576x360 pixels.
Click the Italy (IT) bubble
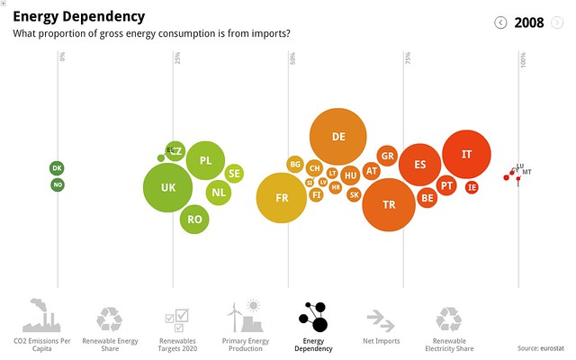click(466, 155)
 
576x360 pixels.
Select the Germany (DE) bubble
click(338, 137)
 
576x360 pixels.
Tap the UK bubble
click(168, 188)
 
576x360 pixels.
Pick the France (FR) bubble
click(282, 198)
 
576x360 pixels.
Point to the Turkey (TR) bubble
click(389, 204)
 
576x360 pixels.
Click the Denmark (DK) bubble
click(58, 168)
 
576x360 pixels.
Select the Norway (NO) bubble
click(58, 184)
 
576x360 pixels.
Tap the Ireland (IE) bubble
click(472, 187)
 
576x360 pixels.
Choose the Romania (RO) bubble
click(194, 219)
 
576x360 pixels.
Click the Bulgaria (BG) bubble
click(294, 164)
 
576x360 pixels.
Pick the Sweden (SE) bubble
click(233, 173)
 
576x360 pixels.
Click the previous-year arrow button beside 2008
click(501, 22)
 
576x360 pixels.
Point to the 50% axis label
click(292, 58)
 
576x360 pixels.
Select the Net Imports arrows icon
click(380, 319)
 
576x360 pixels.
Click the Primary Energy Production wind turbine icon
click(245, 317)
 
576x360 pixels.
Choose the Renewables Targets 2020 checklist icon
click(176, 318)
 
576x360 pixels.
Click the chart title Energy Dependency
click(78, 17)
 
